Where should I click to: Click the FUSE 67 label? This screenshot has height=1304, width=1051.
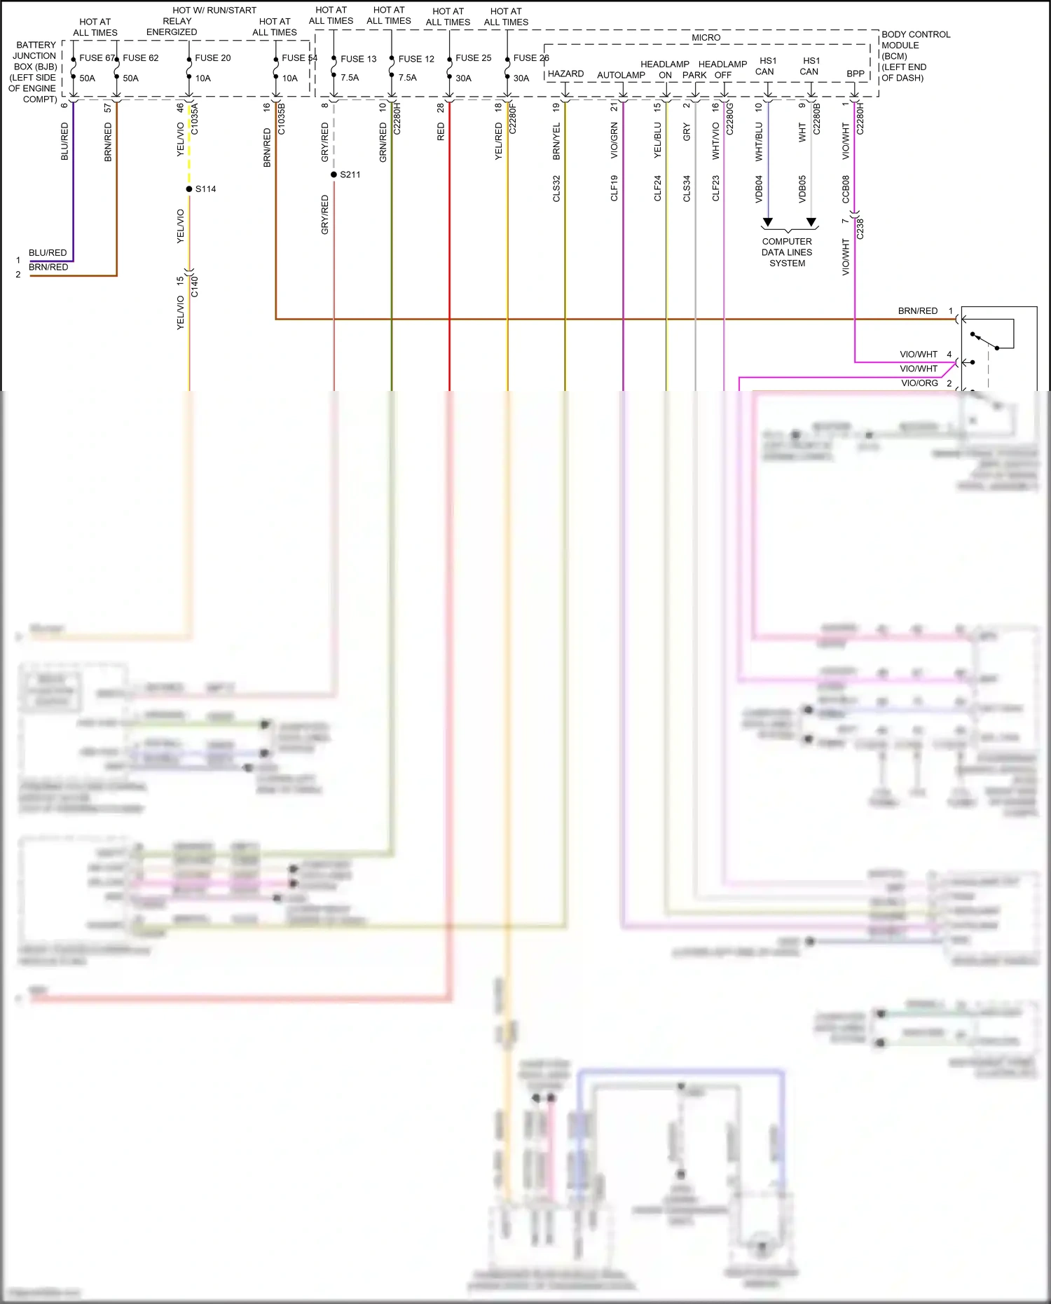[96, 58]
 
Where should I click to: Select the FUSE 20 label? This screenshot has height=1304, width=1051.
[212, 58]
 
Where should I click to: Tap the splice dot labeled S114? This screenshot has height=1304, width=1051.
[189, 189]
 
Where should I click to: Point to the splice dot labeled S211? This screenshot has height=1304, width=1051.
[334, 174]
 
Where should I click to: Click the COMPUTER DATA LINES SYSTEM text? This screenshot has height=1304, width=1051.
[787, 252]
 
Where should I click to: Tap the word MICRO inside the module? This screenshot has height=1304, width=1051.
[706, 38]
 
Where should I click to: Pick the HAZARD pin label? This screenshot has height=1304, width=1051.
[565, 74]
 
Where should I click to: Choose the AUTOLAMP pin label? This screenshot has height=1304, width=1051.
[621, 75]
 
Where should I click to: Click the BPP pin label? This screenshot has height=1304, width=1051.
[855, 74]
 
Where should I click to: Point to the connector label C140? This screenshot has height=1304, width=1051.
[195, 287]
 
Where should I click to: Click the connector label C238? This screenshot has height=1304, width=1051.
[860, 229]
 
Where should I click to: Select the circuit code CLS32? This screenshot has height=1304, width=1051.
[556, 188]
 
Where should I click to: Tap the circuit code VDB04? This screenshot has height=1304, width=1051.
[759, 188]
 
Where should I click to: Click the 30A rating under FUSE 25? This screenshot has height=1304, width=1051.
[463, 78]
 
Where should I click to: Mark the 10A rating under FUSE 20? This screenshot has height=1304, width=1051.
[202, 78]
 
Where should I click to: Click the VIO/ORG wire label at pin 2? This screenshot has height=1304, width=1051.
[919, 383]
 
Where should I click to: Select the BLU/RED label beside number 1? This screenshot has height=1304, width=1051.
[48, 253]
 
